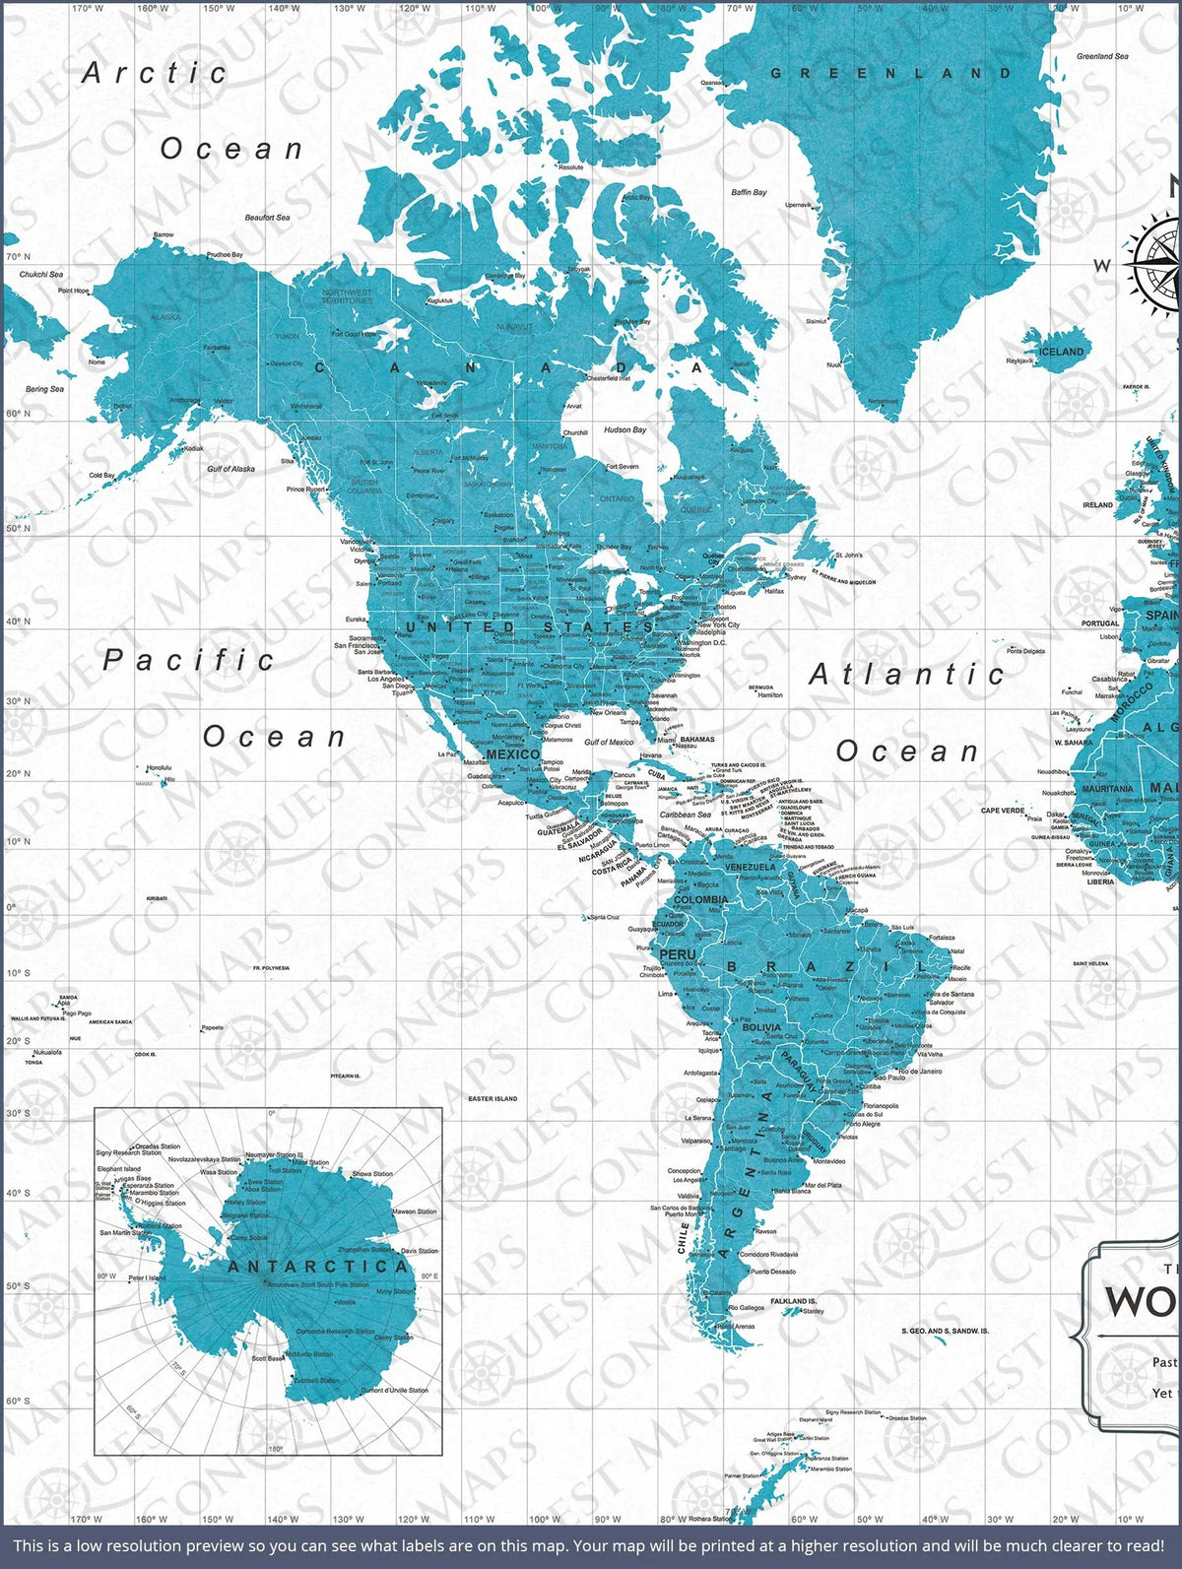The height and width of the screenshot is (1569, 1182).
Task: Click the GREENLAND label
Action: click(890, 73)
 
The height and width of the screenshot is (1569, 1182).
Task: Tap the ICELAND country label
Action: click(1062, 352)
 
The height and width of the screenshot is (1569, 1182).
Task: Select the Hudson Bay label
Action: click(624, 430)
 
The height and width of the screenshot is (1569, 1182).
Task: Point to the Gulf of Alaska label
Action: click(231, 469)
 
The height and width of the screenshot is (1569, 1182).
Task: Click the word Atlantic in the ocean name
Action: click(906, 675)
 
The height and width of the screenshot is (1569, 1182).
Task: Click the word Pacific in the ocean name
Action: click(189, 660)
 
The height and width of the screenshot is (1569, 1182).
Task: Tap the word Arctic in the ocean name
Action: click(155, 73)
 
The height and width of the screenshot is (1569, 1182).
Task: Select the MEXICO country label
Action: click(512, 754)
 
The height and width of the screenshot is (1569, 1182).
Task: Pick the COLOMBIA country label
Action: click(701, 899)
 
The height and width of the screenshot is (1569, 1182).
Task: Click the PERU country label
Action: click(678, 954)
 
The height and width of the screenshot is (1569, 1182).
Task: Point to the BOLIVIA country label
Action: click(760, 1027)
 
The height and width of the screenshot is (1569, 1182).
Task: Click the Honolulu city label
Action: click(159, 767)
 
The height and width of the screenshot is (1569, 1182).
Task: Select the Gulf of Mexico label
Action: click(609, 743)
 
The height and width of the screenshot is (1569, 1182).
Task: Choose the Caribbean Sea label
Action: click(686, 815)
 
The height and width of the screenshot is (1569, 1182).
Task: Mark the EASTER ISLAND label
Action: click(492, 1098)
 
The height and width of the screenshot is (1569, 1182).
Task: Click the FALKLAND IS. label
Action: click(794, 1301)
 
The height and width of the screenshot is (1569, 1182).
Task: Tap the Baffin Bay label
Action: click(749, 192)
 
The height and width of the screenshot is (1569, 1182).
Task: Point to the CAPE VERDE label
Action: click(1003, 811)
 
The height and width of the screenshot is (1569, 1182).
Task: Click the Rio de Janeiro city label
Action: click(920, 1071)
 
